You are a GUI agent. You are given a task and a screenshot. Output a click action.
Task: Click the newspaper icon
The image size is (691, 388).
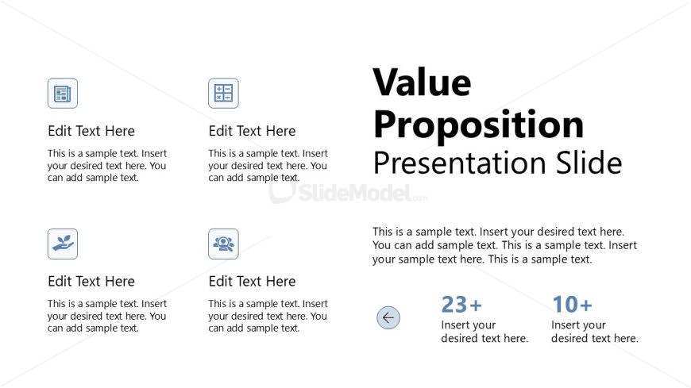tap(63, 94)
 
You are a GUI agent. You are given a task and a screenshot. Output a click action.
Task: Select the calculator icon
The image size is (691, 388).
tap(223, 94)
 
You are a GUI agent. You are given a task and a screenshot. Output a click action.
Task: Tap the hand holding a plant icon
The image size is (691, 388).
tap(63, 244)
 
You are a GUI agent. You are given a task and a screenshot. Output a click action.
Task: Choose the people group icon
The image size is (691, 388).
tap(223, 244)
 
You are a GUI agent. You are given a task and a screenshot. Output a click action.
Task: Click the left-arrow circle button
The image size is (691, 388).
tap(388, 317)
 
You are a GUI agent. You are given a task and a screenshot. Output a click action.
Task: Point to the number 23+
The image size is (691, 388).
tap(461, 305)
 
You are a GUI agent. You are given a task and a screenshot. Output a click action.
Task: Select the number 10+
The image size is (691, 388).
tap(572, 305)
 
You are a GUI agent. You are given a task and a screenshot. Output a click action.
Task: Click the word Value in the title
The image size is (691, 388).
tap(423, 83)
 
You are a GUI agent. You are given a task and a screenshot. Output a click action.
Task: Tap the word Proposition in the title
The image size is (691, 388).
tap(479, 125)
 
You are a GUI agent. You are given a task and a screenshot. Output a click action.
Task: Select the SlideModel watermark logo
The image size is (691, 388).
tap(348, 193)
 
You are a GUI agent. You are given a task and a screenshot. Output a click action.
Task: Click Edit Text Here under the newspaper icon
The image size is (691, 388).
tap(91, 131)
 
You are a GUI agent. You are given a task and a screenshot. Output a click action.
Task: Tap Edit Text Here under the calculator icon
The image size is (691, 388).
tap(252, 131)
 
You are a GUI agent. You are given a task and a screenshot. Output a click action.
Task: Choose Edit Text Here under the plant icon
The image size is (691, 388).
tap(91, 281)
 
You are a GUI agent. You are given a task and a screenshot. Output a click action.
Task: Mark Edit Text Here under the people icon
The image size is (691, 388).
tap(252, 281)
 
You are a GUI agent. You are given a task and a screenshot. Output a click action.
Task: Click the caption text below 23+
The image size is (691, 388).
tap(484, 332)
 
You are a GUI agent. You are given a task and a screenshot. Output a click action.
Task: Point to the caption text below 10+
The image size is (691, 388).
tap(594, 332)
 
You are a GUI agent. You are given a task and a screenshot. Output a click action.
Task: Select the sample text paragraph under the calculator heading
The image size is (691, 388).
tap(268, 166)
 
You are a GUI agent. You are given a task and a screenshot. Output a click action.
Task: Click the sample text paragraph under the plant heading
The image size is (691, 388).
tap(107, 316)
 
